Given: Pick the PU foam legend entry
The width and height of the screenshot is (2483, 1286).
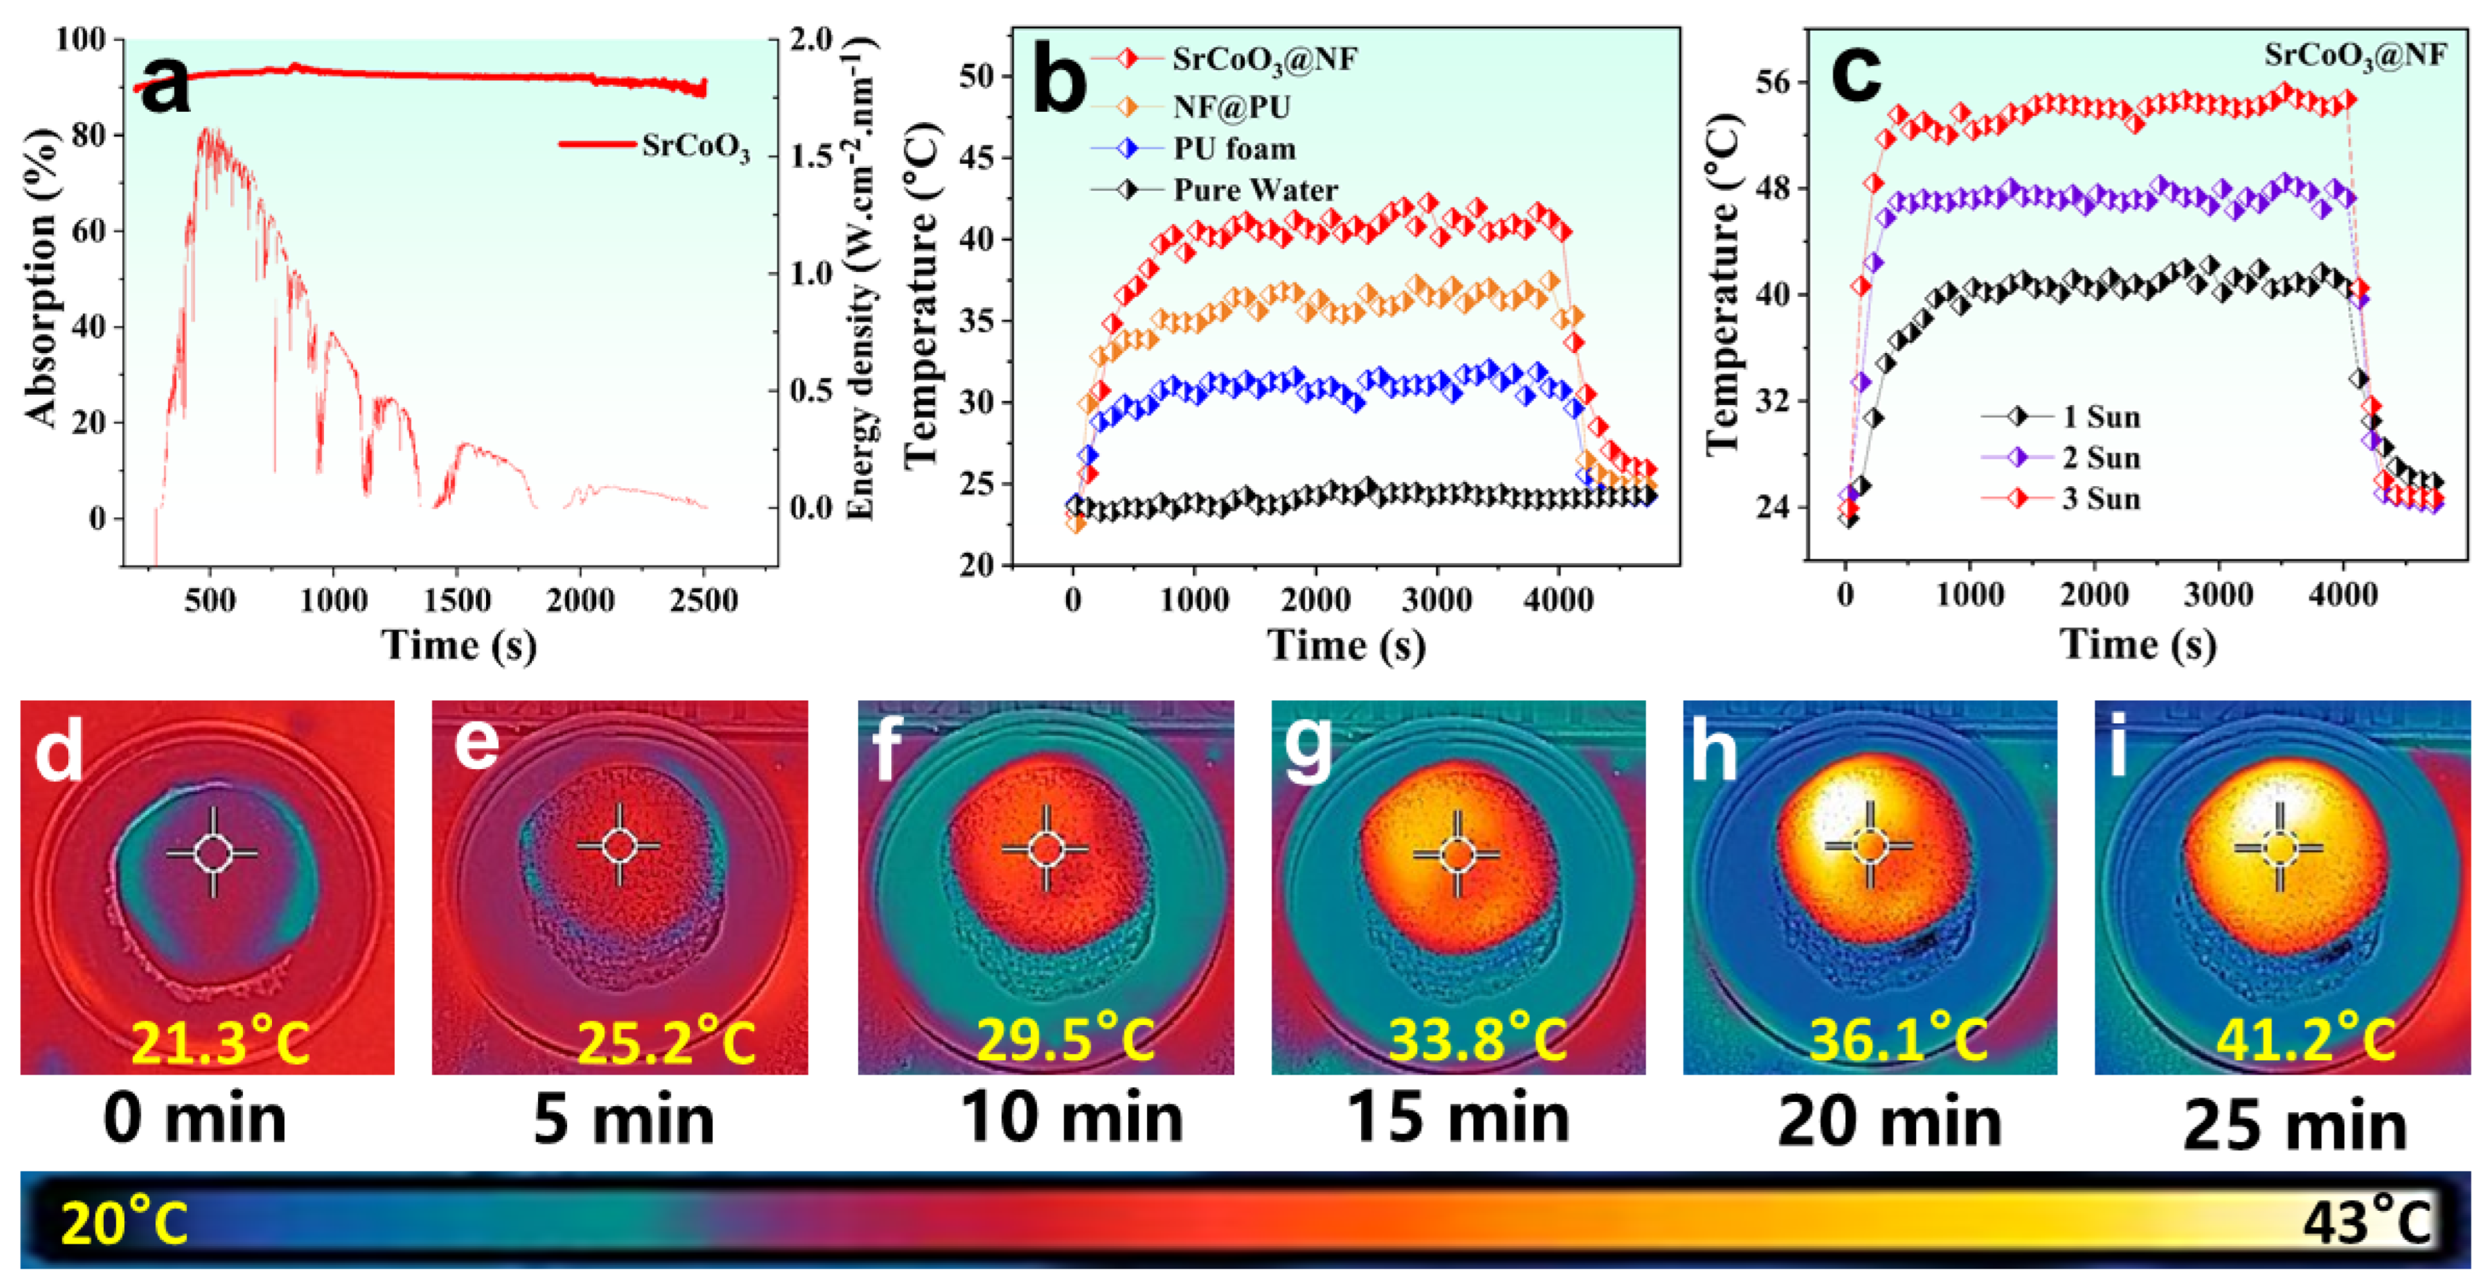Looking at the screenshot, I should [1234, 149].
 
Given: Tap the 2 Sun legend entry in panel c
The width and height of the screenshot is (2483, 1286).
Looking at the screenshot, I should [2100, 457].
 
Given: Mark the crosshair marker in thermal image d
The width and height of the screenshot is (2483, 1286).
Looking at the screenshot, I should [212, 852].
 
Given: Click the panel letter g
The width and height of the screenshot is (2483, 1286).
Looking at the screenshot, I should [1308, 748].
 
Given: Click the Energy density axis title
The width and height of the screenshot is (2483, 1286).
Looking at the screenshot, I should [861, 280].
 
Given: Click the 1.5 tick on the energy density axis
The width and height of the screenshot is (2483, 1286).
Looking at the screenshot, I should [809, 156].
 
